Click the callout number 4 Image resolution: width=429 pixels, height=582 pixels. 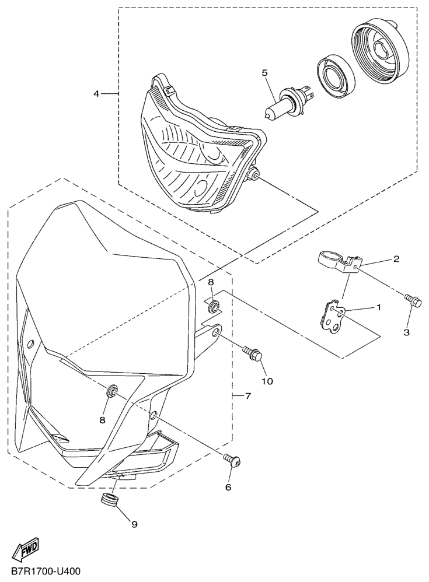coord(96,94)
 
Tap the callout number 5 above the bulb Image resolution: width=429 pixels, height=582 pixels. coord(264,73)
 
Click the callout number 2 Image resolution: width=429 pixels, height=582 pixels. coord(396,259)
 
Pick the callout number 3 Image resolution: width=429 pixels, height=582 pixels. coord(407,332)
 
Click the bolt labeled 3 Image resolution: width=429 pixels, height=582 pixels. coord(413,299)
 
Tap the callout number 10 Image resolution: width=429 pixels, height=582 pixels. coord(268,381)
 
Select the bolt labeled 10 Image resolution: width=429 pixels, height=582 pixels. coord(253,353)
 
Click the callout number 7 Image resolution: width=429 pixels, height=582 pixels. coord(248,397)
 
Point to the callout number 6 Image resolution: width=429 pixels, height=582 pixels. coord(228,487)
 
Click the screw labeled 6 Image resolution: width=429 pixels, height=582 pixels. coord(232,460)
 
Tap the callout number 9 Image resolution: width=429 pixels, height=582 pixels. coord(134,524)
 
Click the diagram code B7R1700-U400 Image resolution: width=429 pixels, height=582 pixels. coord(46,570)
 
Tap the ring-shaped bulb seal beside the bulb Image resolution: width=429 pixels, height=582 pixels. coord(336,78)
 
